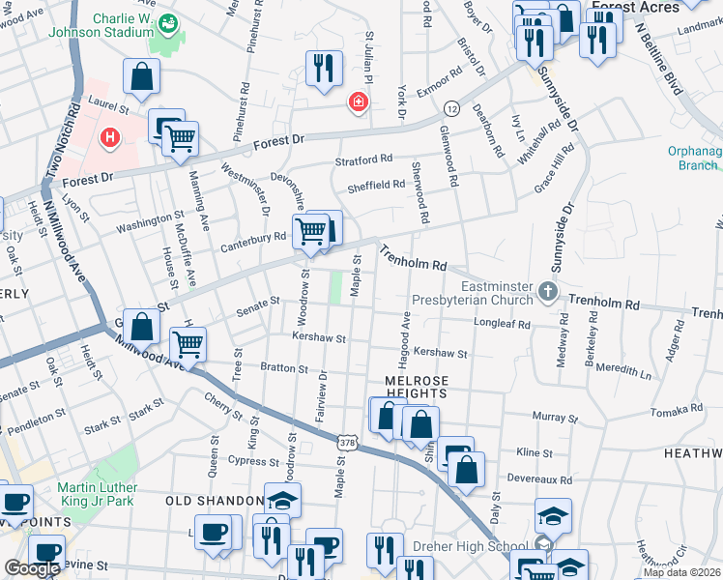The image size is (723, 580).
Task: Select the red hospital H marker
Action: [x=110, y=138]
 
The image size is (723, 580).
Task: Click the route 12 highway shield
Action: [x=451, y=106]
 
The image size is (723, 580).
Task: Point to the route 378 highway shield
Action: [x=346, y=442]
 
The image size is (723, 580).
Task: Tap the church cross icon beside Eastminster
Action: [x=548, y=291]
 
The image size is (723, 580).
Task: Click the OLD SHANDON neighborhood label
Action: [x=215, y=501]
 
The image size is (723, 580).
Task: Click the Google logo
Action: [x=32, y=568]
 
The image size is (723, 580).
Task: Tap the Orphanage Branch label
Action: [x=692, y=158]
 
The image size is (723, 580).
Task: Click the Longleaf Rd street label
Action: [x=503, y=325]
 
